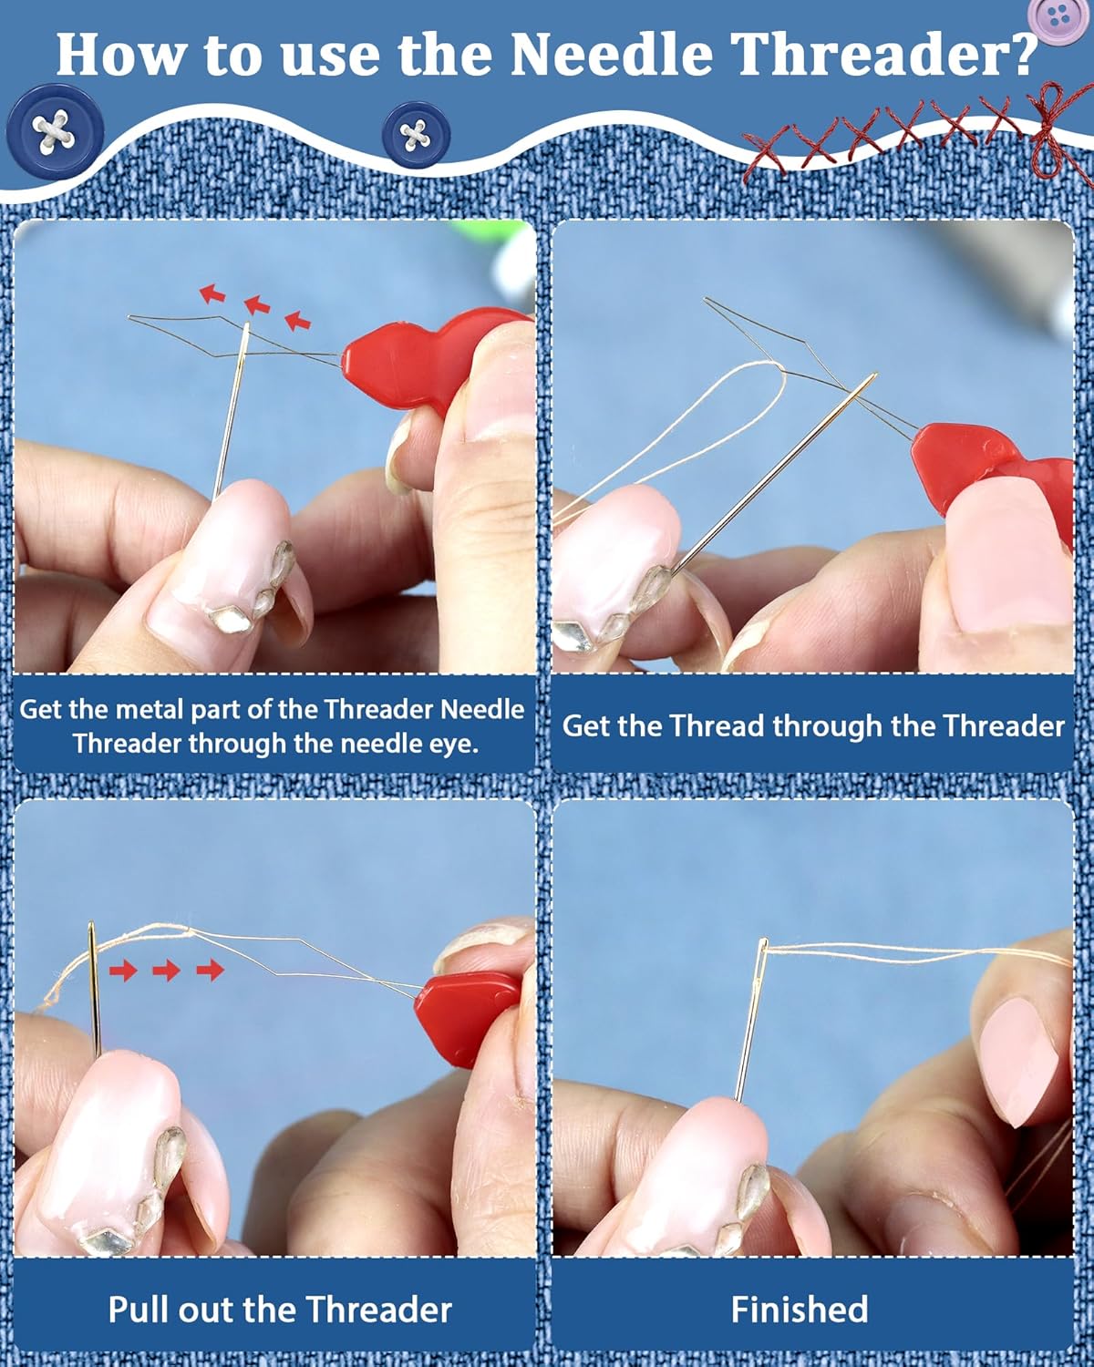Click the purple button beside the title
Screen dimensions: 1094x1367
point(1057,18)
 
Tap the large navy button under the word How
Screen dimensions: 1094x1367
point(55,131)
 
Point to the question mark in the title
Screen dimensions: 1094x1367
point(1019,54)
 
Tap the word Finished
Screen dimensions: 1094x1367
point(799,1310)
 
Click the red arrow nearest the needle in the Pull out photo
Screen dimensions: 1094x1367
point(123,970)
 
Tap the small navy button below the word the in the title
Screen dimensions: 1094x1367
point(416,135)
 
